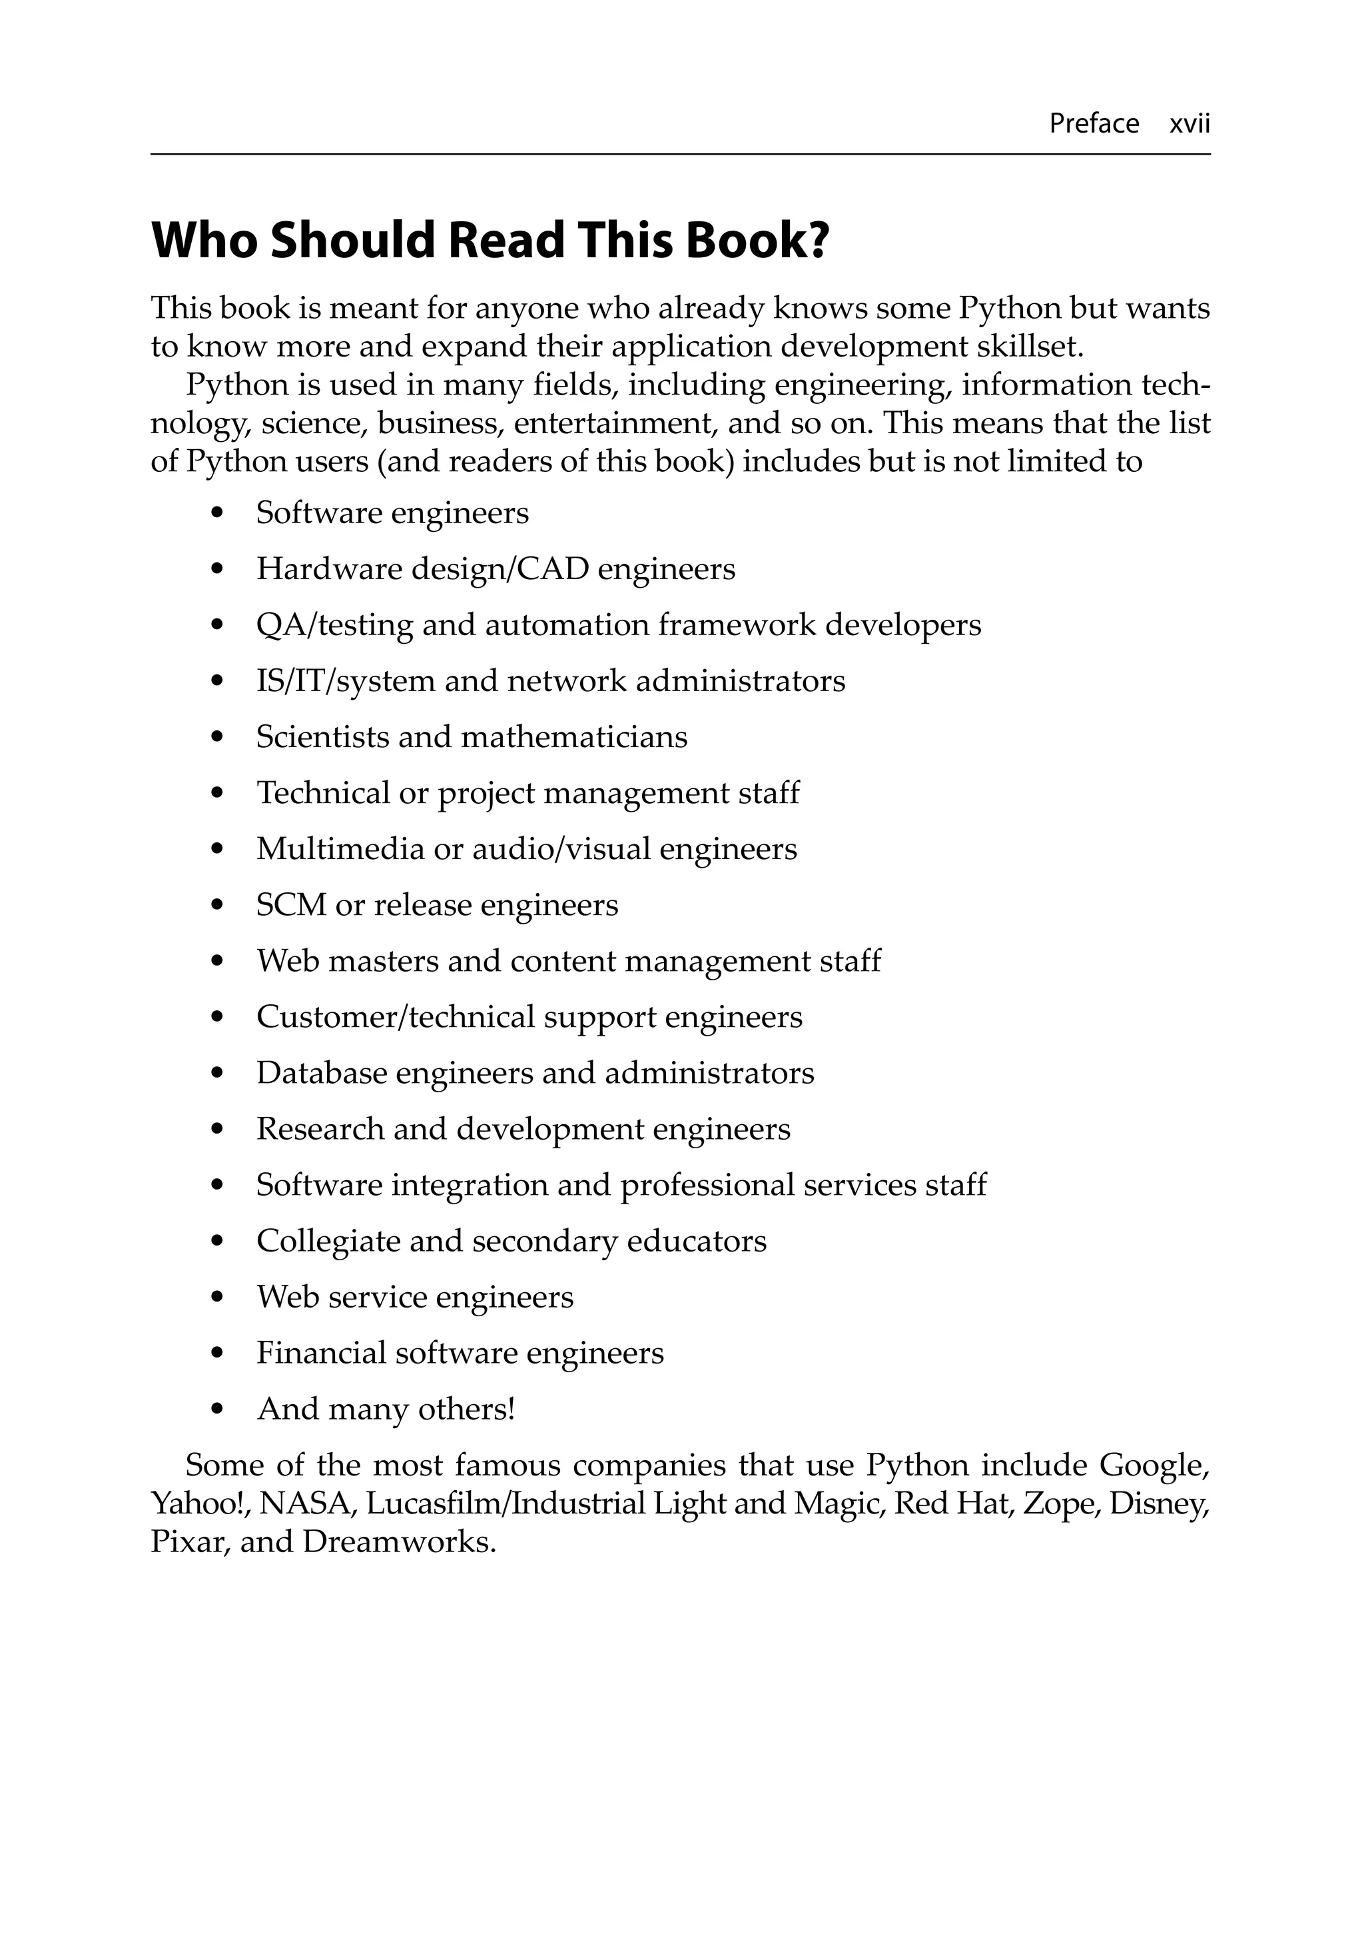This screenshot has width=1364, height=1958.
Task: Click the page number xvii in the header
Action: click(1190, 124)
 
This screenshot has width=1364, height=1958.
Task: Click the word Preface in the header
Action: click(1093, 124)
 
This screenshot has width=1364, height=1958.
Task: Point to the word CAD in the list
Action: click(552, 569)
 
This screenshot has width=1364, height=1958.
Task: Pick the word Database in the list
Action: click(322, 1073)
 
